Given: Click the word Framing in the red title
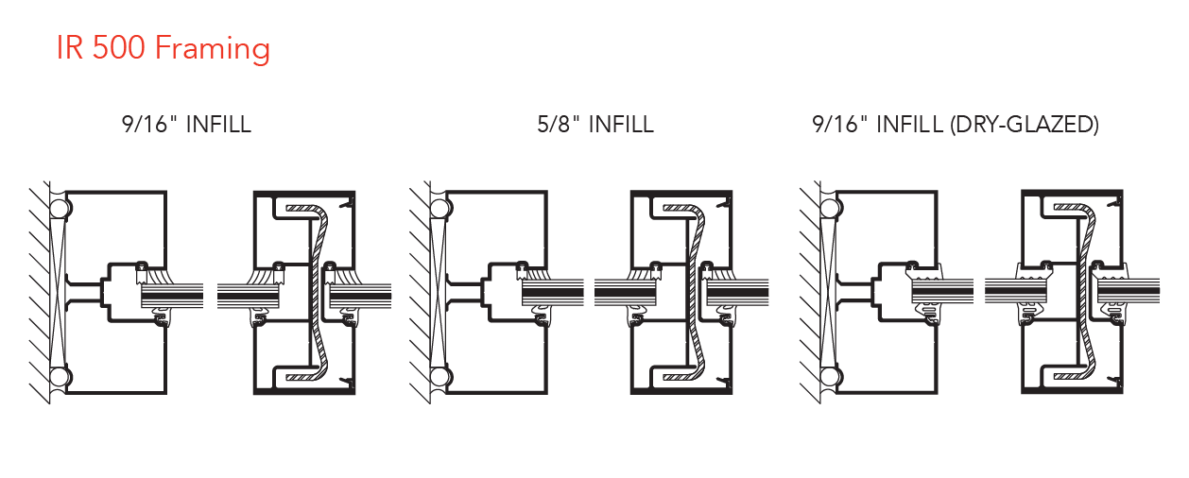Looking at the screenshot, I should point(214,49).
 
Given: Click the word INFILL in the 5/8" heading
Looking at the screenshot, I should point(620,125).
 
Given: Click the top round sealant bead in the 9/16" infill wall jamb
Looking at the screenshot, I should point(60,207).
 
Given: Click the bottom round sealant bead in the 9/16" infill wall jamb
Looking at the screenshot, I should point(60,378).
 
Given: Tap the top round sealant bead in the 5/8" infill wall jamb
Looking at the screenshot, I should point(438,207).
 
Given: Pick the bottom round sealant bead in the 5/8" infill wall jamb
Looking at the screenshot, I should point(438,378).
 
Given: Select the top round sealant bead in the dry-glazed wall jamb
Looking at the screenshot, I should point(829,207).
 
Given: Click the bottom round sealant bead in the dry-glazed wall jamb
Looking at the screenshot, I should point(829,378).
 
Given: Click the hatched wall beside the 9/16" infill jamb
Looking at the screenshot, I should point(38,293).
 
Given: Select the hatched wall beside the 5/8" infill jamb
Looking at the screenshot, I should point(418,293).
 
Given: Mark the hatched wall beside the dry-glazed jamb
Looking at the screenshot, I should point(809,293).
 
